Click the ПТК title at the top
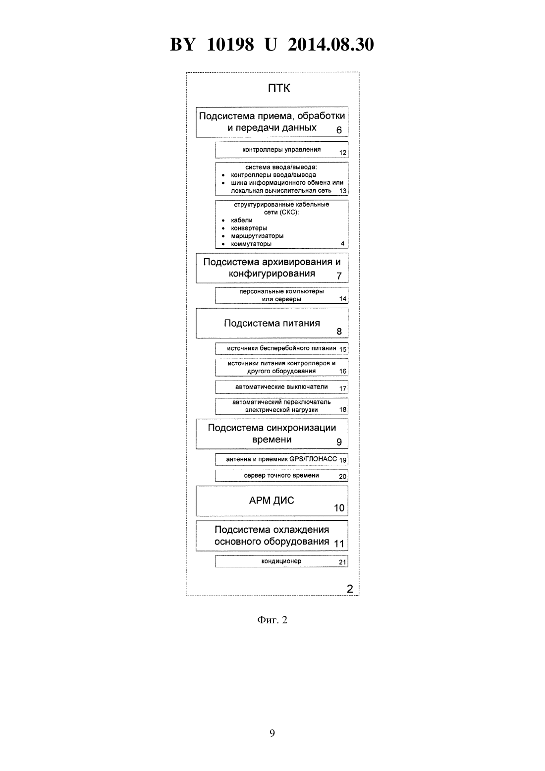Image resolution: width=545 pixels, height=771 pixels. coord(278,88)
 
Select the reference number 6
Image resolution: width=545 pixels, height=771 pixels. coord(339,130)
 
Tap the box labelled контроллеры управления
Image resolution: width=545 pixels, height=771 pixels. coord(281,150)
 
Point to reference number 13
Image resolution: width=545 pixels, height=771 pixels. coord(343,191)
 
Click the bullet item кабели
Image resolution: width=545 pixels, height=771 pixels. coord(242,220)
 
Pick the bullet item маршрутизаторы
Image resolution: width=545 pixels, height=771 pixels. coord(257,236)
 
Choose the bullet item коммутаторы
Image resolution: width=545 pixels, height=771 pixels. coord(251,244)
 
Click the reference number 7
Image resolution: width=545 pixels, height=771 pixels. coord(339,276)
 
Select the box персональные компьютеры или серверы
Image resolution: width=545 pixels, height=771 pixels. coord(281,295)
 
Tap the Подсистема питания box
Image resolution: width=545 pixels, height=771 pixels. coord(272,323)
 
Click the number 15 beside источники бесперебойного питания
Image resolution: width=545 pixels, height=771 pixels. coord(343,349)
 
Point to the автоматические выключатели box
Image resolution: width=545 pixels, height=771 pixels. coord(281,387)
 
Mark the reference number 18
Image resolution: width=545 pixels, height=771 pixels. coord(343,410)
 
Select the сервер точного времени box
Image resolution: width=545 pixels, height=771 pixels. coord(281,476)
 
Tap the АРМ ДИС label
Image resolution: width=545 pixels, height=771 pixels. coord(272,500)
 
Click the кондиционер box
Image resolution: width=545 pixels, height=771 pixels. coord(281,561)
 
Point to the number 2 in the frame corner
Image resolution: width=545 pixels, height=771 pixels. coord(350,589)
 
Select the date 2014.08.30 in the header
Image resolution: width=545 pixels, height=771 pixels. coord(330,45)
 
